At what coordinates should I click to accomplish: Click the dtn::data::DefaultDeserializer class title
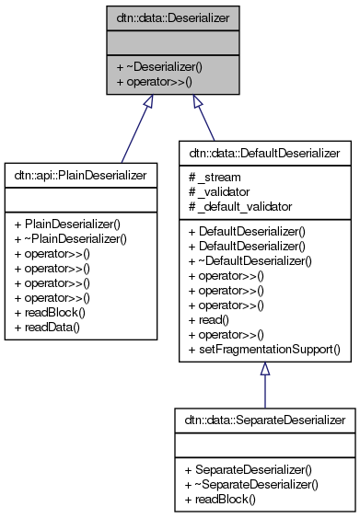264,150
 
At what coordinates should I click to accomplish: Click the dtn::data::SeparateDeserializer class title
264,420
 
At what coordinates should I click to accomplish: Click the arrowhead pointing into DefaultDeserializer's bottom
264,369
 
